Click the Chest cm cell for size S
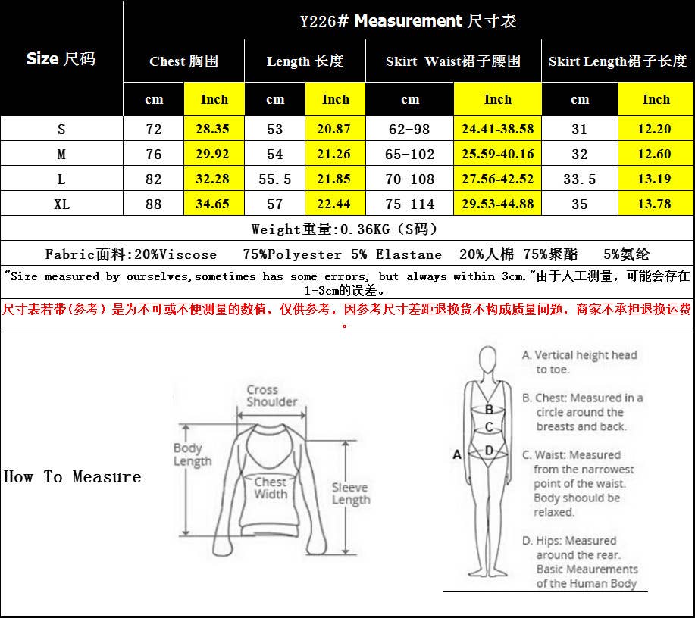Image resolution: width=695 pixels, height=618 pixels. click(153, 129)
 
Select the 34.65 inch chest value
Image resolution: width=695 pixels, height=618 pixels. click(214, 204)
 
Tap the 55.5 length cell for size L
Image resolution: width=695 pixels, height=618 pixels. click(275, 179)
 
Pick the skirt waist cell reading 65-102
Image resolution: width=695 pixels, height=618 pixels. click(409, 154)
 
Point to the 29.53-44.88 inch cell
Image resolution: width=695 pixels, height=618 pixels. click(497, 204)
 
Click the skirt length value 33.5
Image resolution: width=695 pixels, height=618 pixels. click(580, 179)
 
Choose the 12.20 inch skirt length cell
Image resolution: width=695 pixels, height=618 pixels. click(655, 129)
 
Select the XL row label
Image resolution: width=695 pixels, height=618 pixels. click(61, 204)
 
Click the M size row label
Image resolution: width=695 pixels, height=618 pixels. click(61, 154)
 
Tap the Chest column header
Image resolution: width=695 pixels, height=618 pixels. click(183, 61)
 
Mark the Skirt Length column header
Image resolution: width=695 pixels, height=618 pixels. click(618, 61)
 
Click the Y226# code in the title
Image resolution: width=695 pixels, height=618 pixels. click(324, 20)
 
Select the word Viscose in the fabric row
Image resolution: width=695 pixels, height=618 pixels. click(188, 254)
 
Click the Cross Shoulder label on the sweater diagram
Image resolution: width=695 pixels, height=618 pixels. click(271, 395)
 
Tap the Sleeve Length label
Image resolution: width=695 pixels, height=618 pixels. click(351, 494)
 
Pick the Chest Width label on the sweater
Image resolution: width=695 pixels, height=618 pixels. click(271, 488)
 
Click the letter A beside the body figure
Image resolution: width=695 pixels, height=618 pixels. click(457, 454)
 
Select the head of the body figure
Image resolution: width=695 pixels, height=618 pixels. click(487, 360)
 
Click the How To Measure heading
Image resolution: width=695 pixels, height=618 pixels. click(72, 476)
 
